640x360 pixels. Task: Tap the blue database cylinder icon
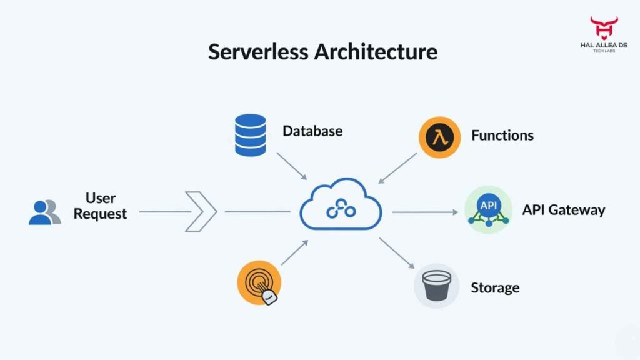[x=251, y=134]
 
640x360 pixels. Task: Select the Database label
[x=312, y=131]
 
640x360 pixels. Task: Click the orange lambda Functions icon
[x=440, y=136]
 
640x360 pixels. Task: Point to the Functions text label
[x=502, y=136]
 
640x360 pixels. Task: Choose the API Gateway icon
[x=488, y=210]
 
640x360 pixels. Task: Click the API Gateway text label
[x=564, y=210]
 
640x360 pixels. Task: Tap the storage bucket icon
[x=436, y=286]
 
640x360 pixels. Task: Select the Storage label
[x=495, y=288]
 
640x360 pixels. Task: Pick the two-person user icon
[x=44, y=212]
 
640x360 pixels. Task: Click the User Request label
[x=100, y=206]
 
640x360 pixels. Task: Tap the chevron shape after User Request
[x=202, y=212]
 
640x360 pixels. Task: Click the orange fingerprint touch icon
[x=259, y=282]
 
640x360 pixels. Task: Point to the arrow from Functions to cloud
[x=398, y=167]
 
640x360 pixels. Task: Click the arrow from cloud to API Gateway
[x=425, y=212]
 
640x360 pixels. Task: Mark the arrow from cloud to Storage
[x=396, y=252]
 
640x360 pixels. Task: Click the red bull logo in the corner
[x=604, y=28]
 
